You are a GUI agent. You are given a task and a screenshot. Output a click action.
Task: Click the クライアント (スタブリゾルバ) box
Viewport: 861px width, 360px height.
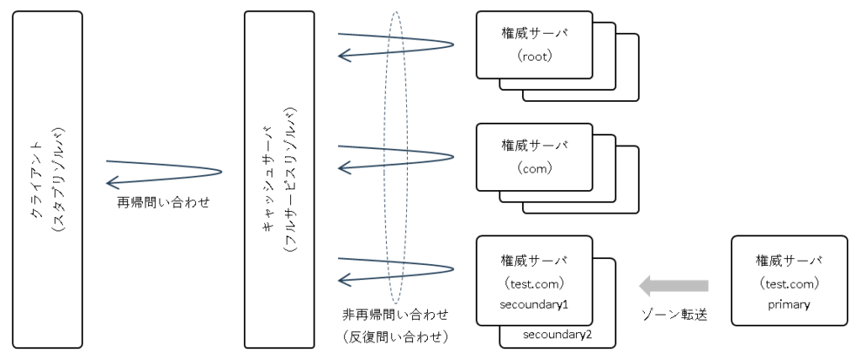48,179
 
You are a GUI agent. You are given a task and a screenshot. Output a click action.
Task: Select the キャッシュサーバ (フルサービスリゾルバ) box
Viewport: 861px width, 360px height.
279,179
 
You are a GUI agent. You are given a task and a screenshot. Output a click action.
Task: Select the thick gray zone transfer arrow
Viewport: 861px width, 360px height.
673,286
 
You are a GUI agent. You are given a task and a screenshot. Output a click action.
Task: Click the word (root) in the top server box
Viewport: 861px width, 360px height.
534,58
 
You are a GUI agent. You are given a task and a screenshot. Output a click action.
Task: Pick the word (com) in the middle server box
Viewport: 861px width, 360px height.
534,168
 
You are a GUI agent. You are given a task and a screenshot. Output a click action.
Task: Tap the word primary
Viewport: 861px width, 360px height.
789,304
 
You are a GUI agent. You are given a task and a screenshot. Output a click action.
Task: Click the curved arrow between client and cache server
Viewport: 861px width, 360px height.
164,172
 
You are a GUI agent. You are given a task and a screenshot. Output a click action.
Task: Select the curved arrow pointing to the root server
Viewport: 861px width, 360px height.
395,45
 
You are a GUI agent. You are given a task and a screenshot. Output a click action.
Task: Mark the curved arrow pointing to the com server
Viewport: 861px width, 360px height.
395,156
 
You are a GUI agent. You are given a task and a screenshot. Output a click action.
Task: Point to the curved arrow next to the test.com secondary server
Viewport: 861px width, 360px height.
395,269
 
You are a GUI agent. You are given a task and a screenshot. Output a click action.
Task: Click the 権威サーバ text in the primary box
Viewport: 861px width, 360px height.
789,260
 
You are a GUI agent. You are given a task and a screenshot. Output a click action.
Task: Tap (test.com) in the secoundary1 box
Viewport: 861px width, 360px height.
534,283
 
